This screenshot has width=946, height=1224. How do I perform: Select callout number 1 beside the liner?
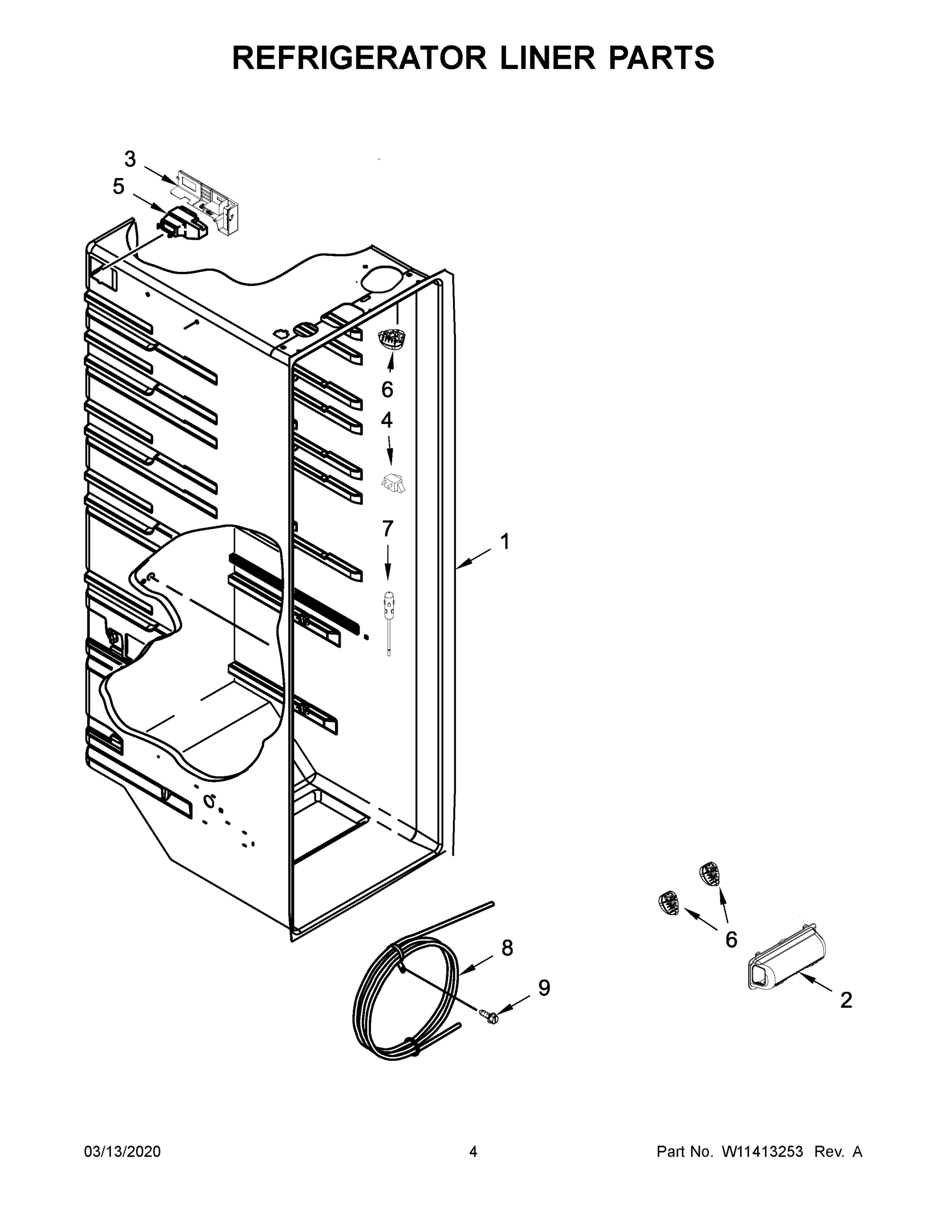(504, 542)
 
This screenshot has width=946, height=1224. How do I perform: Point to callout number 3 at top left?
(130, 160)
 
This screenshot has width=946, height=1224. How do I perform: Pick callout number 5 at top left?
(118, 187)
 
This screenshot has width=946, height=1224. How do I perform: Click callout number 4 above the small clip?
(387, 420)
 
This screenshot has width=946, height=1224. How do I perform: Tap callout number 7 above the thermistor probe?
(387, 528)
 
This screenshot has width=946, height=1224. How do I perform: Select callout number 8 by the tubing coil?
(506, 948)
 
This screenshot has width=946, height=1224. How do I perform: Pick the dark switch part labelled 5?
(181, 222)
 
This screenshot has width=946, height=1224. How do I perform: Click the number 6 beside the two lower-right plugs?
(731, 940)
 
